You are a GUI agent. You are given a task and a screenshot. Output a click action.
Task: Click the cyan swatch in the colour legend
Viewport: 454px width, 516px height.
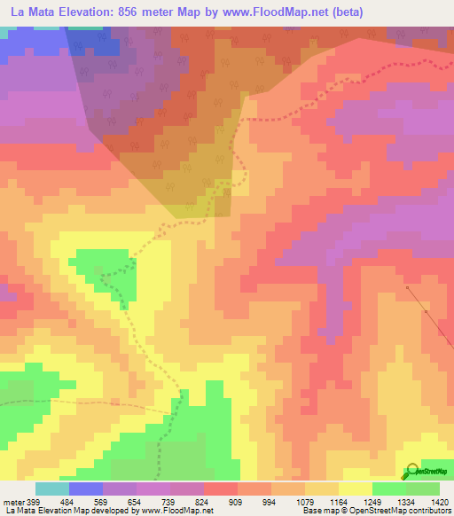(x=51, y=489)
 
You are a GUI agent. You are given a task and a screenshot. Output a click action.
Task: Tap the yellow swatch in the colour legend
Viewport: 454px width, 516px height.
(x=355, y=489)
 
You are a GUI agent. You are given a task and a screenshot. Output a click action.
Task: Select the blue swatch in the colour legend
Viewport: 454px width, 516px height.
(x=85, y=489)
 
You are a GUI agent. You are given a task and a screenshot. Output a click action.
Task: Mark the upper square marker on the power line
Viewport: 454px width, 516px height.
(x=406, y=287)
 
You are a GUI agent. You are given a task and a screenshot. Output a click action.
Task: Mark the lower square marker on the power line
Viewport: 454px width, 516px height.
(x=427, y=312)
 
